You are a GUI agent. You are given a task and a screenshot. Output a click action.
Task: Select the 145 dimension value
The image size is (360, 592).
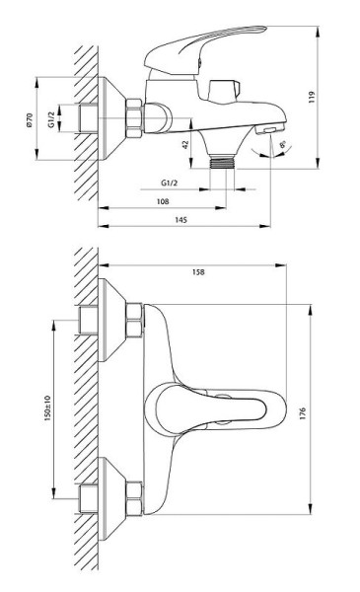[180, 220]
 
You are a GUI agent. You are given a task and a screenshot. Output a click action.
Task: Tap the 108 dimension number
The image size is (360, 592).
[163, 201]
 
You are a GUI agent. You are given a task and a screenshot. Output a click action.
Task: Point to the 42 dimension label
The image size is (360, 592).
[185, 144]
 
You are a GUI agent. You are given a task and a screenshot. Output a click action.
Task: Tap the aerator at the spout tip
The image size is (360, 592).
[269, 131]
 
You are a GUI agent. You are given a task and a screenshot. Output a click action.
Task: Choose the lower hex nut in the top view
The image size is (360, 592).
[133, 490]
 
